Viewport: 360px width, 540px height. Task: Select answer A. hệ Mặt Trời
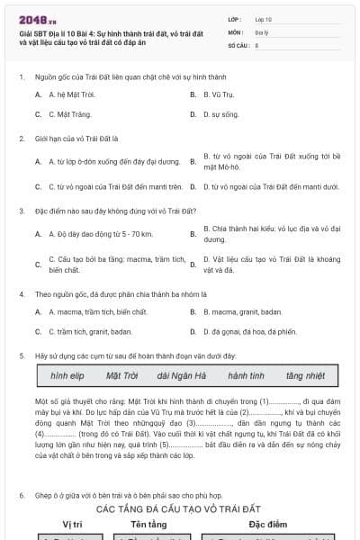pyautogui.click(x=71, y=94)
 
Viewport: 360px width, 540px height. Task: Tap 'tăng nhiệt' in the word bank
pyautogui.click(x=305, y=375)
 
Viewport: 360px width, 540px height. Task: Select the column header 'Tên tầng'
pyautogui.click(x=149, y=523)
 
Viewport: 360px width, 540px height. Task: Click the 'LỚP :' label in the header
pyautogui.click(x=235, y=18)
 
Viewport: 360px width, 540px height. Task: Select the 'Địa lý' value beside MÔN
pyautogui.click(x=262, y=31)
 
